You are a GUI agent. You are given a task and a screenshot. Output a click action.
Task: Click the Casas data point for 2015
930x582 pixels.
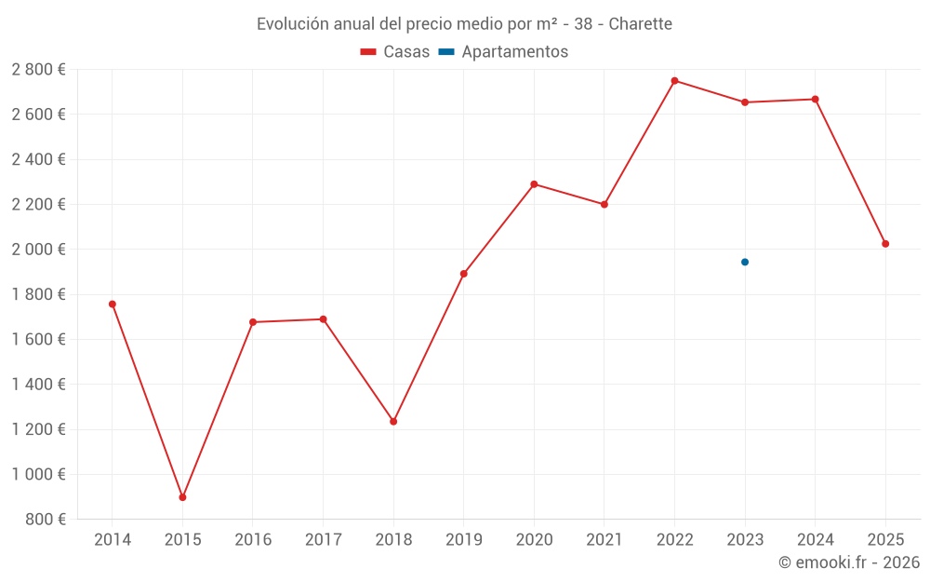coord(182,497)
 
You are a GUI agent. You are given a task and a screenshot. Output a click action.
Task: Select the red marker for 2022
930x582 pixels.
coord(674,81)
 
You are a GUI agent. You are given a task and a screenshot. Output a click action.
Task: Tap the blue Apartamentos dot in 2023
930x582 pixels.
coord(745,262)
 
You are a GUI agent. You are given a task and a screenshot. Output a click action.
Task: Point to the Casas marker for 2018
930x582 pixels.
coord(393,422)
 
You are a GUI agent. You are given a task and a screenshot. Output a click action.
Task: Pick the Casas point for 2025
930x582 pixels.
coord(885,244)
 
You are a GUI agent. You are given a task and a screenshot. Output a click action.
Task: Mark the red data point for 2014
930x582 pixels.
coord(113,305)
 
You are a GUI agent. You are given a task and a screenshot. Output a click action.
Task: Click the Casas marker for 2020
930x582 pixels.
coord(534,184)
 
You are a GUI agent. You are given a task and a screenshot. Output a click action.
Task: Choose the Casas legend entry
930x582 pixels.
coord(395,52)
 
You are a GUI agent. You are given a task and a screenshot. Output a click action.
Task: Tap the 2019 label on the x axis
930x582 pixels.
coord(464,540)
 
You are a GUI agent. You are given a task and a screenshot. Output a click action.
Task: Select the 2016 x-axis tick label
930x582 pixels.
coord(253,540)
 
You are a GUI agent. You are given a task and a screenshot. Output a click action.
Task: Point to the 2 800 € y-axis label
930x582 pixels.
coord(38,70)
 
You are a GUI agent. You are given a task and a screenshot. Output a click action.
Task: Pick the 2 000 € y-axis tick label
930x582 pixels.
coord(38,250)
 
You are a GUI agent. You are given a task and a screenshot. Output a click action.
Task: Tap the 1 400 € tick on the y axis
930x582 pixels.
coord(38,385)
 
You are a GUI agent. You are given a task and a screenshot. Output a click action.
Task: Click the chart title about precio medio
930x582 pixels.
coord(464,24)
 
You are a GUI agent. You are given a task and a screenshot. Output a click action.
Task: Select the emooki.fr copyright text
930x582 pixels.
coord(848,562)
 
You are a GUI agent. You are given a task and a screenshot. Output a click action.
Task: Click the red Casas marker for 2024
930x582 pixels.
coord(816,100)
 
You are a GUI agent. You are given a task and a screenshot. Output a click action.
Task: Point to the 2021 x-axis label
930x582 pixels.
coord(604,540)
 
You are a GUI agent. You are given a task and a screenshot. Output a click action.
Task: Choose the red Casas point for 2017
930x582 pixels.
coord(324,319)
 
